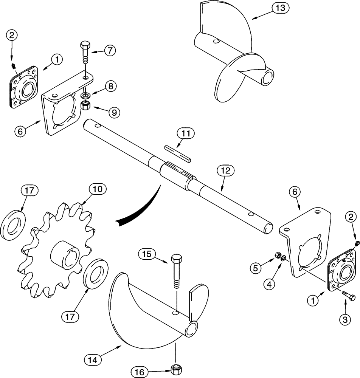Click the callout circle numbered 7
click(109, 51)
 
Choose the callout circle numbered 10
click(98, 189)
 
